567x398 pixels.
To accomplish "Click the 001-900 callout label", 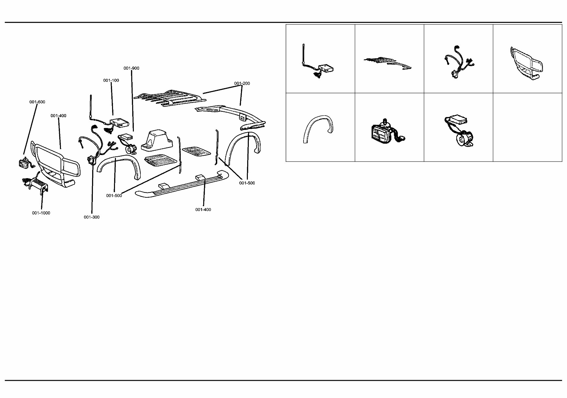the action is [x=131, y=68].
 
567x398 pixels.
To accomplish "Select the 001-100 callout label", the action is [x=111, y=80].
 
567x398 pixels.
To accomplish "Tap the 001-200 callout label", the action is [x=242, y=83].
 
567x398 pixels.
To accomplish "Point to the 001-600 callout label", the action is [x=37, y=102].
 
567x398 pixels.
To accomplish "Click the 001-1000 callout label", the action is [x=41, y=213].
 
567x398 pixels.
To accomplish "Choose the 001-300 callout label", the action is [x=92, y=217].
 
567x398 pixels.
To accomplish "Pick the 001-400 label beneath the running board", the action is [x=203, y=210].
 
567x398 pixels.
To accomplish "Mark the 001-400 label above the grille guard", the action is [x=58, y=116].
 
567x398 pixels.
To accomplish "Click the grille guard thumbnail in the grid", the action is [x=527, y=64].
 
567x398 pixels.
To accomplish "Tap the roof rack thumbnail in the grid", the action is [x=388, y=63].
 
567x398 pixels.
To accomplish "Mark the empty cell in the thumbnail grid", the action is [x=528, y=127].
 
